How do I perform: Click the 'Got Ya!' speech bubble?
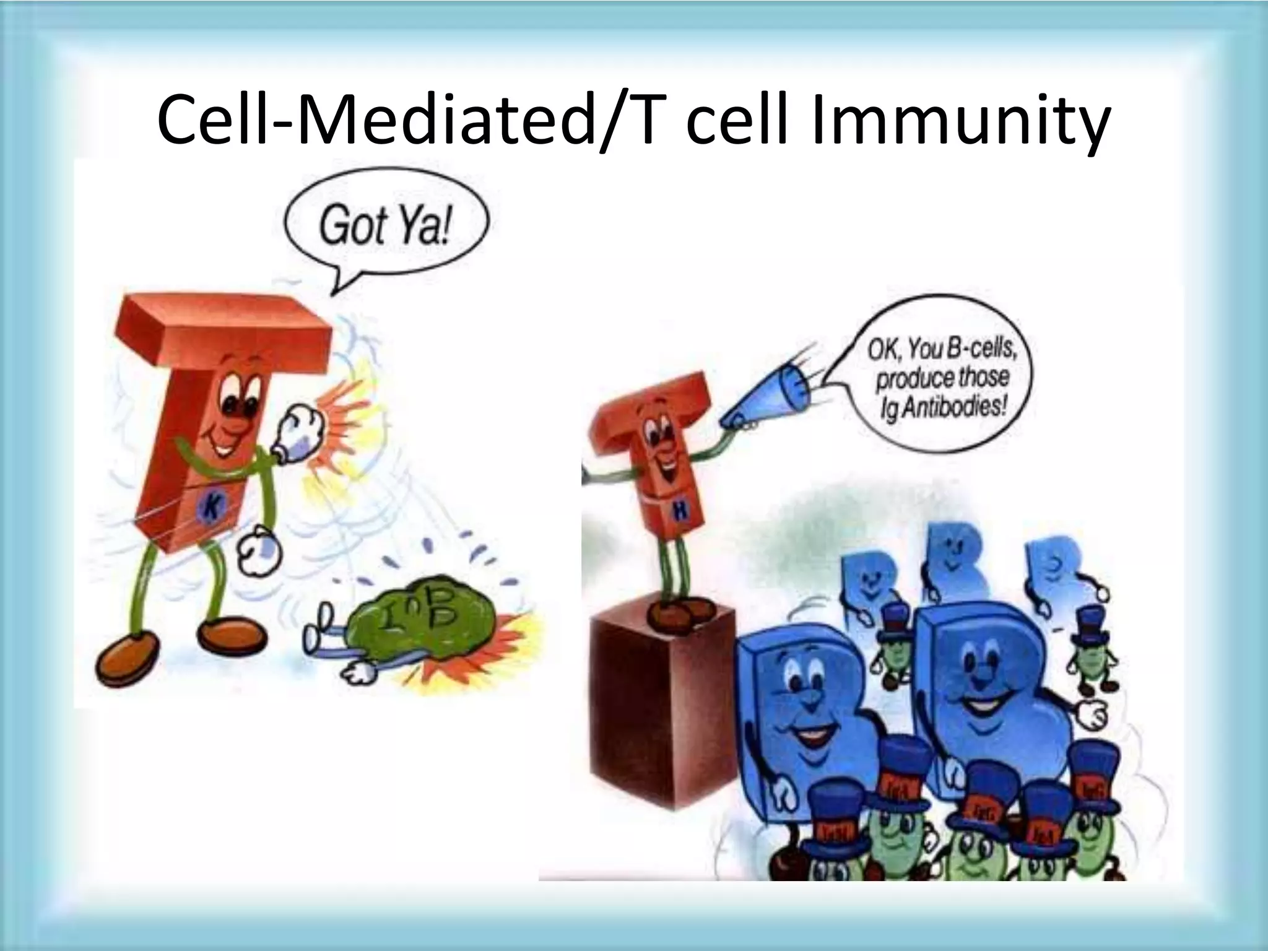coord(385,225)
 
